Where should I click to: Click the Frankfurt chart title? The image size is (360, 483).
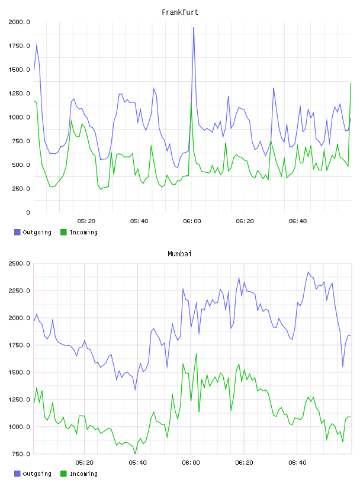pos(180,12)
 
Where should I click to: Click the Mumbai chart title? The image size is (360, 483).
pos(179,254)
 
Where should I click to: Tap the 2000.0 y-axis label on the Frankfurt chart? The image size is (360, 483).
pos(19,22)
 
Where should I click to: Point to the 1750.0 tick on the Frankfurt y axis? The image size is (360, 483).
pos(19,46)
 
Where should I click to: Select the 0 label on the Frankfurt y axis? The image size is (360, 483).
pos(28,212)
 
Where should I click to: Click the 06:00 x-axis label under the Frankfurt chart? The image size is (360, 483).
pos(192,221)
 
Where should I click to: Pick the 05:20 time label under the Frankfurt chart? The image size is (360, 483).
pos(86,221)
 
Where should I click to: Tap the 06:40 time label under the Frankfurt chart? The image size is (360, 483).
pos(298,221)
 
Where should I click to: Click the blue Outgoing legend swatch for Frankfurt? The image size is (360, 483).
pos(17,232)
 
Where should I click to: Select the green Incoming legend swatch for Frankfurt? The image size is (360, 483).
pos(63,232)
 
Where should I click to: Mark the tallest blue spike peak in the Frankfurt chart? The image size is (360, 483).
pos(194,27)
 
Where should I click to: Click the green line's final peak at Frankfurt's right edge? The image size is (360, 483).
pos(351,83)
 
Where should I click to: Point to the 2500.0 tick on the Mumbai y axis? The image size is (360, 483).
pos(19,263)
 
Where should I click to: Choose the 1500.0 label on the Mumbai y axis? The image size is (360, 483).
pos(19,372)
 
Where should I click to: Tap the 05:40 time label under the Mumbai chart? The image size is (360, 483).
pos(138,463)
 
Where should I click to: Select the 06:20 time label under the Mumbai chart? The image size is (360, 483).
pos(244,463)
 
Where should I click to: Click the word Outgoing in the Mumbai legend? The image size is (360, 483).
pos(37,474)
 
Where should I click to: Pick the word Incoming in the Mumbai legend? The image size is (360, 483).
pos(83,474)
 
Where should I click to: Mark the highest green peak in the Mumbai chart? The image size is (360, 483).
pos(197,353)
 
